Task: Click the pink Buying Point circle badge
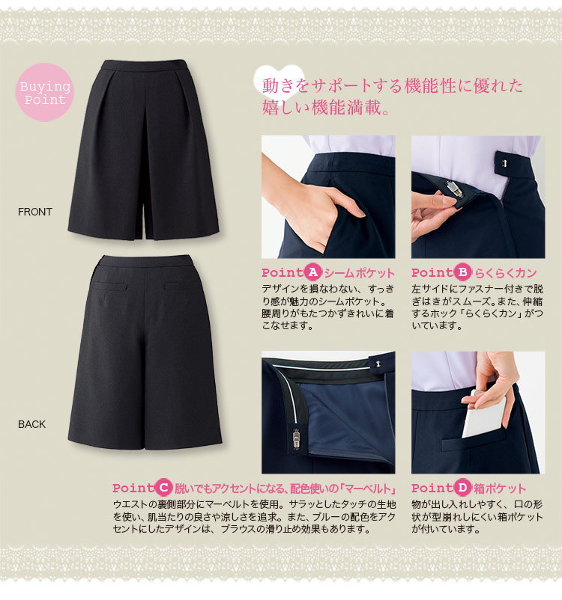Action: point(45,92)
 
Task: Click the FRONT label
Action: point(35,212)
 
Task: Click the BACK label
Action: point(31,424)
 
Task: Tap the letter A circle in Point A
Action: point(312,272)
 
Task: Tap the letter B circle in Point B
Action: point(462,272)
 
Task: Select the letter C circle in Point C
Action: point(163,488)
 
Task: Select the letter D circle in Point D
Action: point(462,488)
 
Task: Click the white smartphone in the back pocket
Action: point(483,414)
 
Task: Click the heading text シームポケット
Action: point(359,273)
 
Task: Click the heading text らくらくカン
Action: point(505,273)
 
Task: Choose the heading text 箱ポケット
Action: point(500,489)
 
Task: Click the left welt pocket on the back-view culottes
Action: point(109,286)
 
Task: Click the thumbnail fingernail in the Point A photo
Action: point(360,212)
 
